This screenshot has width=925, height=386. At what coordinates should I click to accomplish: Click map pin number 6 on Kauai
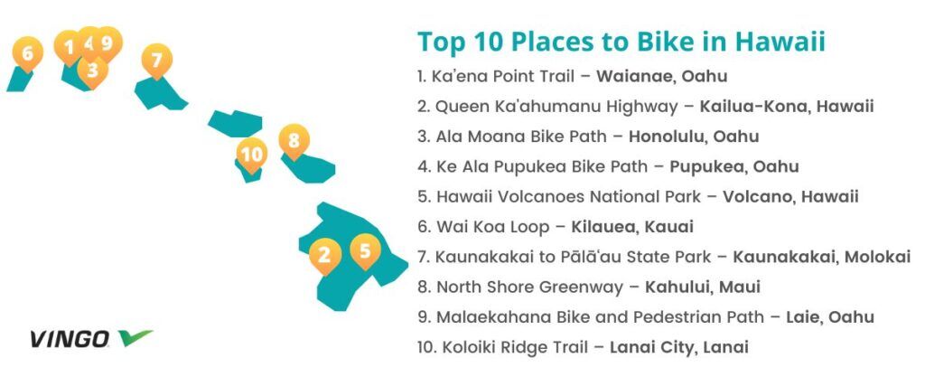(27, 53)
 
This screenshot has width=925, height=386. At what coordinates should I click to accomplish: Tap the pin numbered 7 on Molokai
(156, 61)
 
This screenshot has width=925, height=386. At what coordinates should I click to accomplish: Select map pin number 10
(251, 155)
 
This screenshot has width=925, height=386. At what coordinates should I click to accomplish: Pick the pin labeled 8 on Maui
(294, 141)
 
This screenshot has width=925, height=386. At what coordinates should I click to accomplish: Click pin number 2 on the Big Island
(324, 256)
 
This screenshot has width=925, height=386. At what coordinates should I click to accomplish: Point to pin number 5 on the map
(365, 250)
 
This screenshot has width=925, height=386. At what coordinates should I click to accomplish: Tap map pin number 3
(93, 71)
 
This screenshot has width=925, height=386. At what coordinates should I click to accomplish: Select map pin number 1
(68, 47)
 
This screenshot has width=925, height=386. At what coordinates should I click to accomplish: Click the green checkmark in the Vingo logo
(135, 337)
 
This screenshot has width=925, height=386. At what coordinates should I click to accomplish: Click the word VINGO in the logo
(70, 339)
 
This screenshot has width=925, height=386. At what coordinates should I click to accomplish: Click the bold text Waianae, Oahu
(661, 76)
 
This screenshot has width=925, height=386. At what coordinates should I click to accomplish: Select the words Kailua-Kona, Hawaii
(787, 107)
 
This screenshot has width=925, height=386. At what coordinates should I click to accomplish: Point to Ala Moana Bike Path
(521, 137)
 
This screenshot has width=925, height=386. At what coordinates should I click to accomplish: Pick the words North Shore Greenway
(529, 287)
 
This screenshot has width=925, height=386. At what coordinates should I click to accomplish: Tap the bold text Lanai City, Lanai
(679, 347)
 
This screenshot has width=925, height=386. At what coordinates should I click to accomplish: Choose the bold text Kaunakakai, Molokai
(822, 257)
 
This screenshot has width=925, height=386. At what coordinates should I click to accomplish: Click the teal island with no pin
(236, 123)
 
